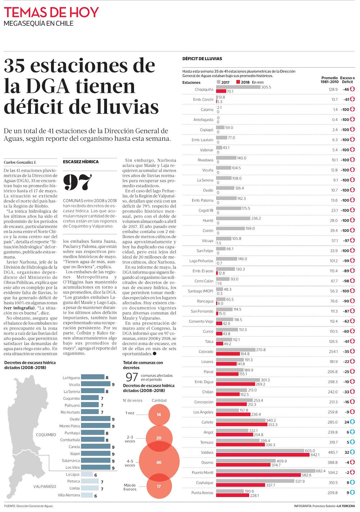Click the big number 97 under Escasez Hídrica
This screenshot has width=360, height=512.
[x=77, y=183]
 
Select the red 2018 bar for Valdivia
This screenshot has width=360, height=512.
[x=262, y=455]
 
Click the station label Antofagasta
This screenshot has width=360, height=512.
[x=203, y=120]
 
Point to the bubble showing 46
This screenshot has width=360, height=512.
[x=159, y=462]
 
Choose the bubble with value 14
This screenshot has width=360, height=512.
[x=159, y=414]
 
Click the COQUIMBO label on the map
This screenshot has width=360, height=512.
[x=46, y=435]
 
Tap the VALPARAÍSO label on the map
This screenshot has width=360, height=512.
[x=45, y=486]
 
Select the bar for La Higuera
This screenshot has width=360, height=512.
[x=93, y=377]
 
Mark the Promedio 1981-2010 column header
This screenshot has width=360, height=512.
[x=329, y=80]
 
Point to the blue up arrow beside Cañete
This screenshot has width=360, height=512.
[x=352, y=422]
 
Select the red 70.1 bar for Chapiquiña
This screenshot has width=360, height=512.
[x=221, y=91]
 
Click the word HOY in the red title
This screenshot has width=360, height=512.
[x=84, y=12]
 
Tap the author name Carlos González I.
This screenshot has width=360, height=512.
[x=20, y=163]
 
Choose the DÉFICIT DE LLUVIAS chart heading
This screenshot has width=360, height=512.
[x=202, y=59]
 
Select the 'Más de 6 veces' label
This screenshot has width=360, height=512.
[x=130, y=487]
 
